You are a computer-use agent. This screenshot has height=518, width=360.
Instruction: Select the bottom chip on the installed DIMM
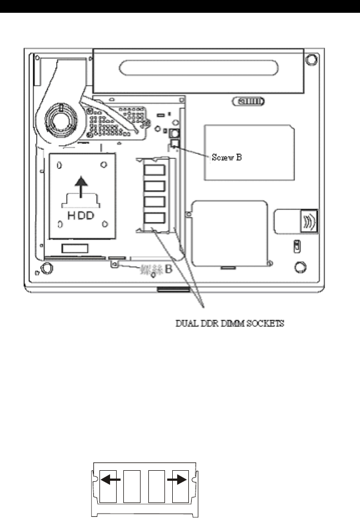click(154, 217)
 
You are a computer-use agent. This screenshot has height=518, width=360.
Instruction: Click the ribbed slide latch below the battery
click(249, 102)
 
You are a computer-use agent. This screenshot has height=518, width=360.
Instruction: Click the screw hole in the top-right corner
click(312, 58)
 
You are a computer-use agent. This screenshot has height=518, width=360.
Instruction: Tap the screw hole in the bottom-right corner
click(299, 267)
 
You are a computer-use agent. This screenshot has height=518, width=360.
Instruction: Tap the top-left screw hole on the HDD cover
click(59, 165)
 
